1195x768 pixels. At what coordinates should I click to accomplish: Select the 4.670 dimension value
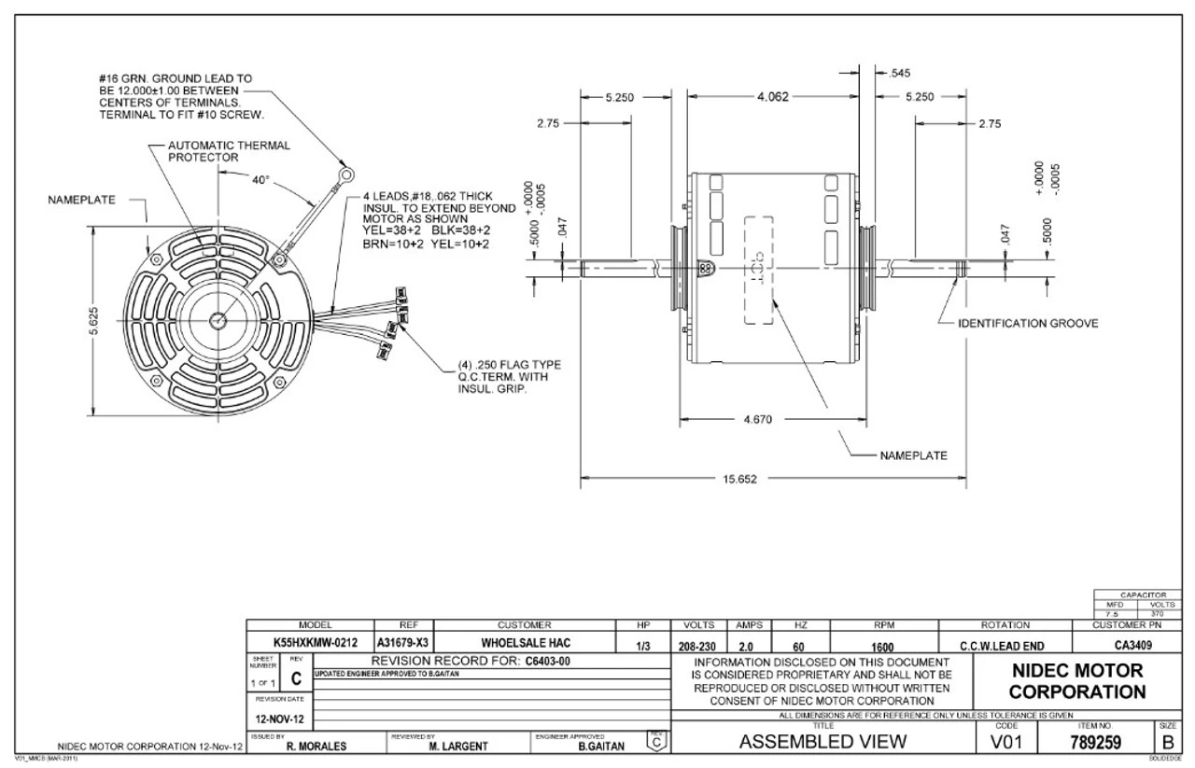(x=757, y=419)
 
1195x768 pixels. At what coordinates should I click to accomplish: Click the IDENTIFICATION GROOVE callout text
(x=1028, y=324)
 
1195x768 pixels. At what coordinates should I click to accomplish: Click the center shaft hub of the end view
(x=217, y=320)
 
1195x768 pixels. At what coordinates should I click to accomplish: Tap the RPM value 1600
(x=882, y=644)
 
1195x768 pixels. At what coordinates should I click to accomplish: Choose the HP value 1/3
(x=641, y=644)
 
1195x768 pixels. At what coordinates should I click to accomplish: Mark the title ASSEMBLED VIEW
(x=822, y=744)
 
